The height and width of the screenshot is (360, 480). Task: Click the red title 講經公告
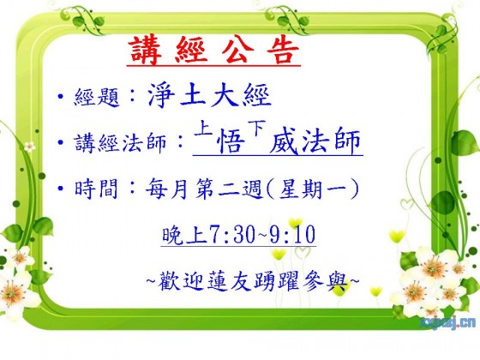213,51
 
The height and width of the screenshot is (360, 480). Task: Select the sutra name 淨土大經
209,95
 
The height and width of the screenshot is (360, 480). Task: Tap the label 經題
97,97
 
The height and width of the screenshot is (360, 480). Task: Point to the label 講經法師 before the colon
120,142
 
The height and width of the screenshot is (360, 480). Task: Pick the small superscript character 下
256,129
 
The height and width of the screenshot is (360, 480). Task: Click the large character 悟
231,141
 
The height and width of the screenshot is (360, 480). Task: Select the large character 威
284,141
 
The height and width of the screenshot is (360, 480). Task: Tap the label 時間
96,189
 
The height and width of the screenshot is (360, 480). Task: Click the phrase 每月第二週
204,189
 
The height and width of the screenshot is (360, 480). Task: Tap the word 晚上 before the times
185,235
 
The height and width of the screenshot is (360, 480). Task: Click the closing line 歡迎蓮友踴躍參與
253,281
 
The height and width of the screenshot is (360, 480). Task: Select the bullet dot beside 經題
61,97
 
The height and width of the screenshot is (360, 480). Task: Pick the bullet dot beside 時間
61,188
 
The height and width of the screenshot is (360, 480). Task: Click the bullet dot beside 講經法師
61,142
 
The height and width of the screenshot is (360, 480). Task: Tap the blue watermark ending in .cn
449,322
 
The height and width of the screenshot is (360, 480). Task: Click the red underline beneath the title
213,65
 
